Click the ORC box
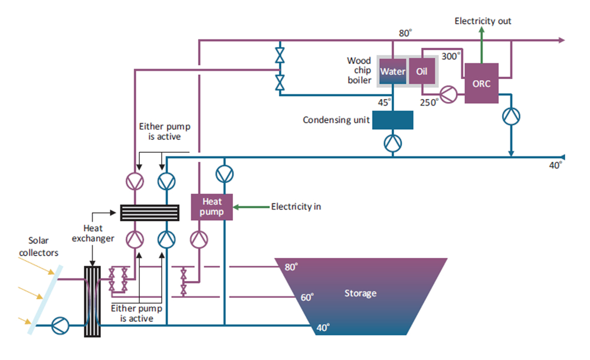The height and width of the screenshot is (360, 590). pos(481,83)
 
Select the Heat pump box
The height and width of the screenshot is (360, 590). pos(212,207)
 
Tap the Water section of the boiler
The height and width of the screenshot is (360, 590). pos(392,72)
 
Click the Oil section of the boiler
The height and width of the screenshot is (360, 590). pos(422,72)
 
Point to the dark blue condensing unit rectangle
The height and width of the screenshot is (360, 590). pos(392,120)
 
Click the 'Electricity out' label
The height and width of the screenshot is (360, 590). pos(483,21)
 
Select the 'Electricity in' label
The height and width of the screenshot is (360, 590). pos(296,207)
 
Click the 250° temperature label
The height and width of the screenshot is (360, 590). pos(429,102)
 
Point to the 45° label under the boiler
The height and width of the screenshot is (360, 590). pos(384,102)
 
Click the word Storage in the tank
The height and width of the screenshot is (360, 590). pos(360,293)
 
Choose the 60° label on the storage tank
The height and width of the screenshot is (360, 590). pos(307,297)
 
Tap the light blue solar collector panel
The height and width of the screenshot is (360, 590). pos(45,298)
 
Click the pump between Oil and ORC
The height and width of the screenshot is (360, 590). pos(448,93)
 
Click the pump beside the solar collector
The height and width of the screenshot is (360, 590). pos(60,325)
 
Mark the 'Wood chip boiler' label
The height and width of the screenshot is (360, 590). pos(359,70)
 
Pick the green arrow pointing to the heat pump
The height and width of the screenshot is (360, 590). pos(251,207)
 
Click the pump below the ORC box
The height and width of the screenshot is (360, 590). pos(510,117)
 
